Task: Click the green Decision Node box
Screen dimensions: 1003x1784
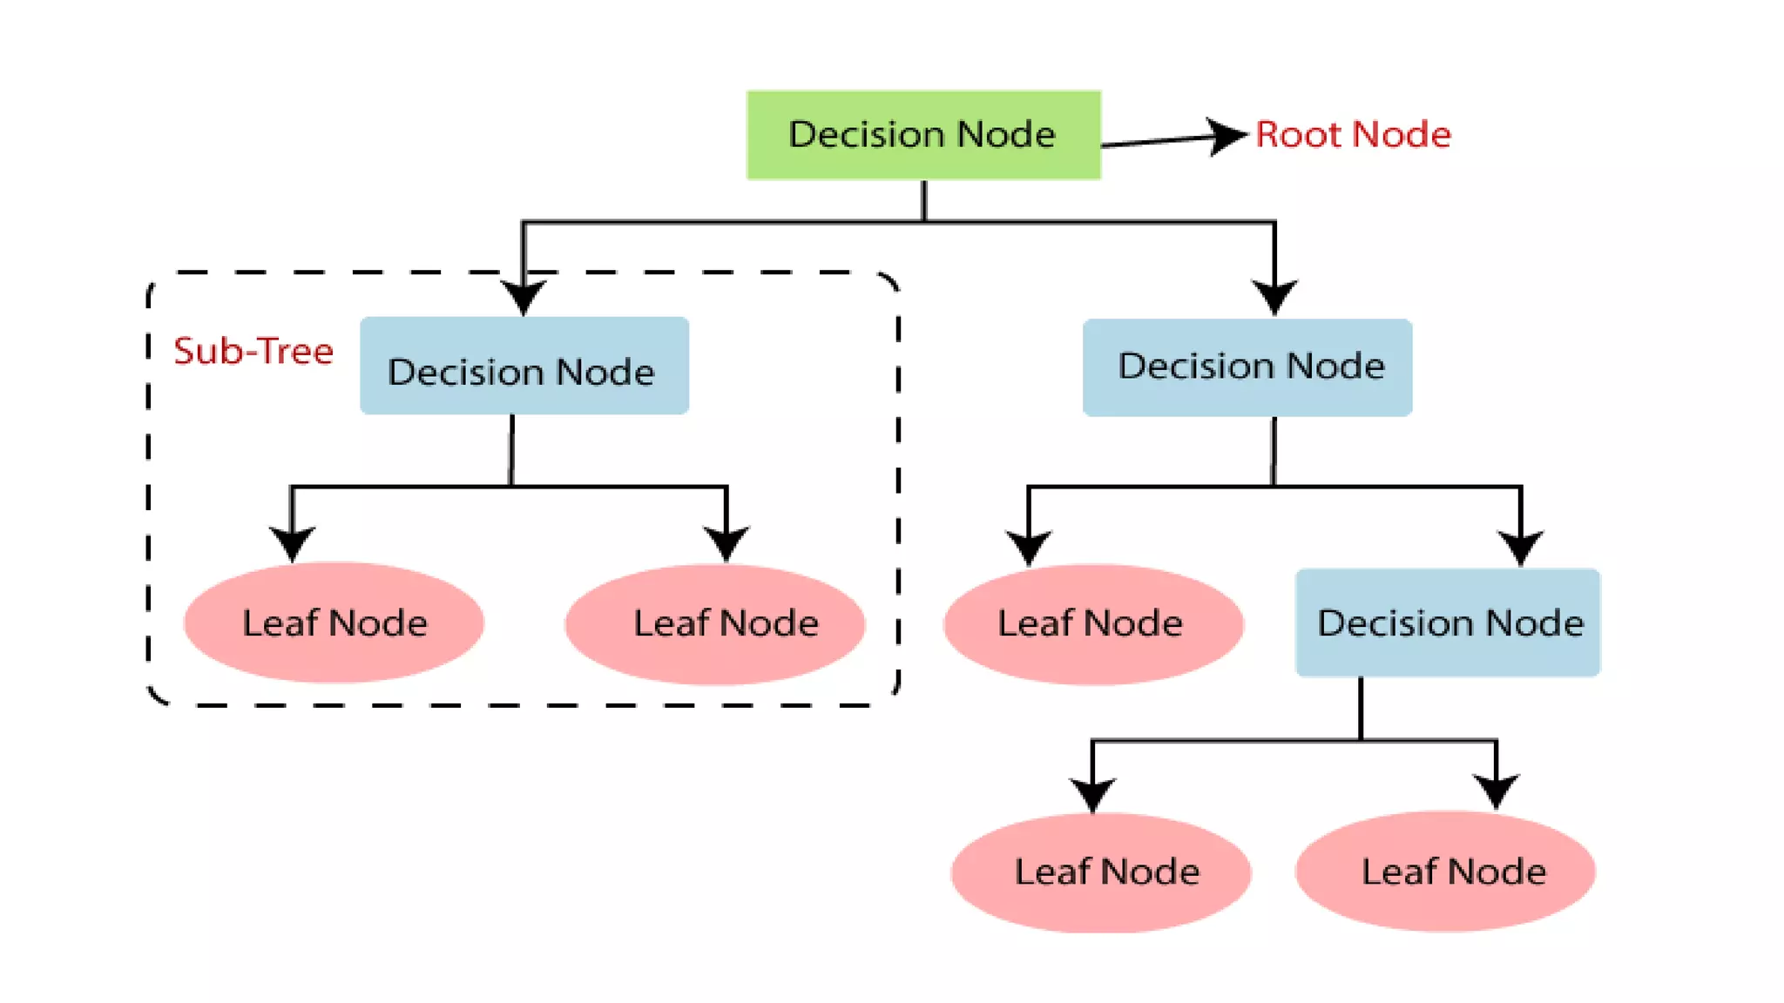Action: point(923,135)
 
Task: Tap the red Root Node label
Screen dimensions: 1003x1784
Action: point(1353,135)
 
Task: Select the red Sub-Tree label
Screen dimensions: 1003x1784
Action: point(253,351)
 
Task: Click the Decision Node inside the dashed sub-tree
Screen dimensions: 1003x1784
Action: point(524,366)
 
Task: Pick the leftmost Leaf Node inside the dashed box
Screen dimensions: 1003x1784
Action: point(334,623)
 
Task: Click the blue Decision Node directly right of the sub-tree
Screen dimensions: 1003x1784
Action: point(1247,367)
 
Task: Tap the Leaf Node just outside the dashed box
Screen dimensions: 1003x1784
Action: point(1093,624)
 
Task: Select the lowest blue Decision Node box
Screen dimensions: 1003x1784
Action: point(1448,623)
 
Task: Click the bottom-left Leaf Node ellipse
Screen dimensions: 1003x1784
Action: point(1101,872)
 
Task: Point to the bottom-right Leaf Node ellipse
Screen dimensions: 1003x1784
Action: point(1445,872)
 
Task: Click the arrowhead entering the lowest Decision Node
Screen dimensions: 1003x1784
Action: point(1521,547)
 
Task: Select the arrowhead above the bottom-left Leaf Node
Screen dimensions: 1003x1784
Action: point(1092,793)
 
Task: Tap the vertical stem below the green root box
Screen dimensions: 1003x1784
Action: point(924,200)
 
